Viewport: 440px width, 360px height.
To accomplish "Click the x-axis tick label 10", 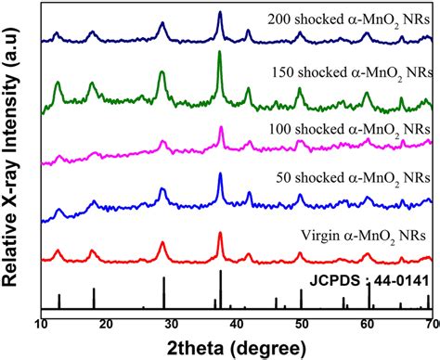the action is click(42, 325).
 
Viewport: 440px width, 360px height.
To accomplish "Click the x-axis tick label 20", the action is click(107, 325).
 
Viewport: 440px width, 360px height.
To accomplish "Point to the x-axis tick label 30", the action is click(172, 325).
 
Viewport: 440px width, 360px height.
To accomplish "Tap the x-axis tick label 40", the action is click(237, 325).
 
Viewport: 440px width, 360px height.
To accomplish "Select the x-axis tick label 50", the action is click(302, 325).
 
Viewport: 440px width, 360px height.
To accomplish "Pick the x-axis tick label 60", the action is click(367, 325).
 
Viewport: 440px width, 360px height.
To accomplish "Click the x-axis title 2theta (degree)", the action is click(237, 348).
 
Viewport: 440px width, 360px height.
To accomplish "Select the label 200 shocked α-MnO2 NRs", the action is click(349, 21).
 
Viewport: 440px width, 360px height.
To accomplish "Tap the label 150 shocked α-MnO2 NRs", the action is click(352, 73).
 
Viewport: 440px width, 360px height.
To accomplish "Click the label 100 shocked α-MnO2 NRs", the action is click(350, 130).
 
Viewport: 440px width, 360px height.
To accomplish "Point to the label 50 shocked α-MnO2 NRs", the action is click(353, 179).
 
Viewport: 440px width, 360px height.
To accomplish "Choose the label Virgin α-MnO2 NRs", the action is click(364, 237).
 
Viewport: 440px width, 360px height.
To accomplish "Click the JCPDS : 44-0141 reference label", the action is click(369, 281).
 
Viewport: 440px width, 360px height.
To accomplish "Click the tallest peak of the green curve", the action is click(220, 52).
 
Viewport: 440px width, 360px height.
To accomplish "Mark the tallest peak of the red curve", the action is click(220, 233).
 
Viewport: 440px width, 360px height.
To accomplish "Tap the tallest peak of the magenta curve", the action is click(221, 127).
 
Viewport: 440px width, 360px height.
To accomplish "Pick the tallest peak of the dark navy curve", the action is click(220, 12).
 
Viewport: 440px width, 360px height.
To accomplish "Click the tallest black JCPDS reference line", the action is click(221, 289).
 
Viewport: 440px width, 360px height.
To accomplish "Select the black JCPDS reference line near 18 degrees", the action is click(94, 299).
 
